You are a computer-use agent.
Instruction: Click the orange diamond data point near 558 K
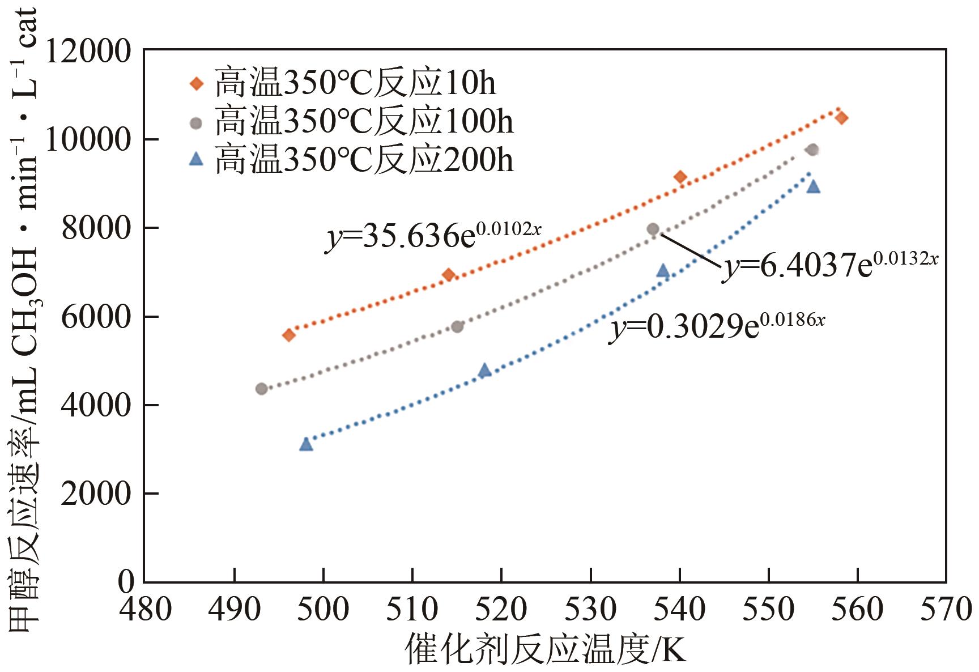pos(841,118)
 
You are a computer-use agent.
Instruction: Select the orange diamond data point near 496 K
pos(288,335)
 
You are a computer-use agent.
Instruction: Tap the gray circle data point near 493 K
pos(261,389)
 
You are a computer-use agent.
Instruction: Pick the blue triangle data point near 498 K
pos(306,444)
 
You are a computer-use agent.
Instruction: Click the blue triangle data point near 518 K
pos(484,371)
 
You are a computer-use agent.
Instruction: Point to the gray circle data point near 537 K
pos(653,229)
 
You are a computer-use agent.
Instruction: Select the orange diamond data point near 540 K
pos(680,177)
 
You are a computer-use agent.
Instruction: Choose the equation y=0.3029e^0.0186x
pos(717,328)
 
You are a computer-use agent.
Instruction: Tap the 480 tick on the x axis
pos(146,610)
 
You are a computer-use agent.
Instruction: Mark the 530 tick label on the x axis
pos(590,610)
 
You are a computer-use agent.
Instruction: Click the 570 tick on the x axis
pos(946,610)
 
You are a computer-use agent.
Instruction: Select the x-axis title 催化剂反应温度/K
pos(545,649)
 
